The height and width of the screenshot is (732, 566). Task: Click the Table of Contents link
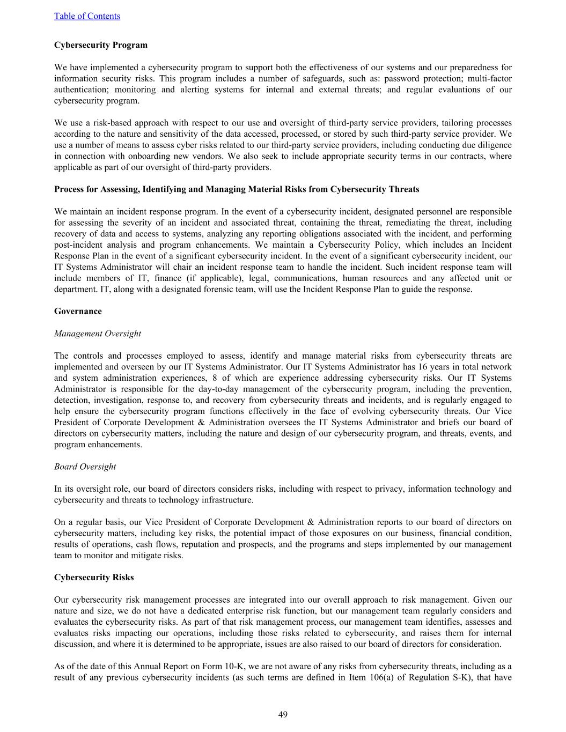pyautogui.click(x=87, y=16)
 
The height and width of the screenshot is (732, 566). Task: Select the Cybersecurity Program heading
pyautogui.click(x=100, y=45)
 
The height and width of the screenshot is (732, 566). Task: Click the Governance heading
pyautogui.click(x=78, y=311)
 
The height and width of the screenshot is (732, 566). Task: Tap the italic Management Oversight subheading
pyautogui.click(x=97, y=334)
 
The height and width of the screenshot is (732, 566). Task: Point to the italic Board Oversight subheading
pyautogui.click(x=85, y=467)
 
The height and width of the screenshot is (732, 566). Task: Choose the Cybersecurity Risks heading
pyautogui.click(x=94, y=578)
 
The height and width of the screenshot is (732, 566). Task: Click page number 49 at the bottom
pyautogui.click(x=283, y=714)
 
